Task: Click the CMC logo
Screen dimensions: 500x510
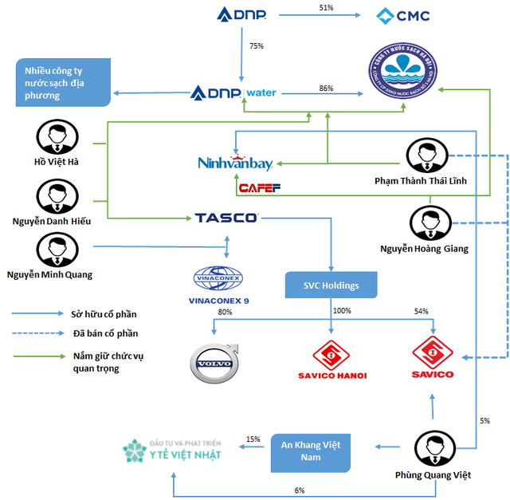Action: [x=404, y=14]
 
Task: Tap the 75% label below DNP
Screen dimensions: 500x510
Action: [x=257, y=46]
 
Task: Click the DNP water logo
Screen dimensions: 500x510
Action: [x=234, y=93]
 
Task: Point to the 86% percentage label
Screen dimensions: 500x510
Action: [x=326, y=89]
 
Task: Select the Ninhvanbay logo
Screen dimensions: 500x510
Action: [x=236, y=163]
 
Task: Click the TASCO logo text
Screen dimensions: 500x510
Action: [x=226, y=217]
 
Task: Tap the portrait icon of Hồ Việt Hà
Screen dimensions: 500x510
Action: [x=55, y=137]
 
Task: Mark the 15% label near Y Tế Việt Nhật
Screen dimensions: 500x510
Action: [x=253, y=439]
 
